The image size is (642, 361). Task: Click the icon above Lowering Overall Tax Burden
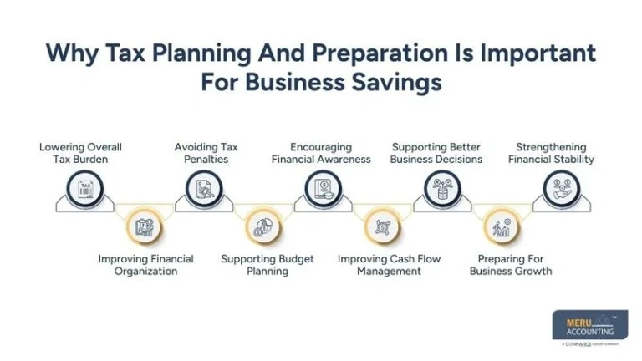85,190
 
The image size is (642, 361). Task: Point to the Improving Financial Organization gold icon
145,226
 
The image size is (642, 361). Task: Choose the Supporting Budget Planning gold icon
263,226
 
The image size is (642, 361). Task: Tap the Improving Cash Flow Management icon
382,226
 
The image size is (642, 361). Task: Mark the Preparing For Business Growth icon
502,226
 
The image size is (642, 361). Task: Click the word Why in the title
68,52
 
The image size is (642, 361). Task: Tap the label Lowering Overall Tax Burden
74,153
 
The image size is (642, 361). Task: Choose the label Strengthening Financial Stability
551,153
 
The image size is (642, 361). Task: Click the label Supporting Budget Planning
267,265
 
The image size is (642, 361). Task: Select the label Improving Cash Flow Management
389,265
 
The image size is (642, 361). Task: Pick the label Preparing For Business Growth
511,265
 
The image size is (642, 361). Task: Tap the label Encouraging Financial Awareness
321,153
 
